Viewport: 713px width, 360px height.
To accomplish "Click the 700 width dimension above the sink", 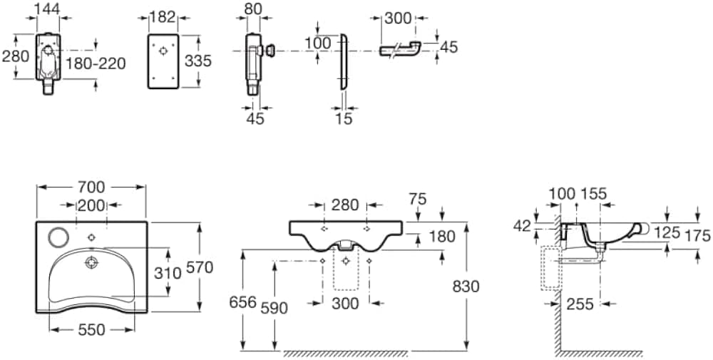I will [x=91, y=187].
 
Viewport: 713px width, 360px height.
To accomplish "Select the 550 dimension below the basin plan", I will [x=92, y=330].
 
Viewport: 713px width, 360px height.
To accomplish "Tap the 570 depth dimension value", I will [x=199, y=267].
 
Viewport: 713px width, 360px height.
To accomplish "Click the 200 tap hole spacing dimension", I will [x=91, y=206].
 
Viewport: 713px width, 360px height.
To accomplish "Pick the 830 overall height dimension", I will [x=465, y=286].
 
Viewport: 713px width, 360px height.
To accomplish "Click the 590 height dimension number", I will [x=275, y=308].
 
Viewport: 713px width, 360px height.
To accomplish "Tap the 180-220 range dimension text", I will [x=96, y=64].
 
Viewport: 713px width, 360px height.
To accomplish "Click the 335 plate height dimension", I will [x=198, y=61].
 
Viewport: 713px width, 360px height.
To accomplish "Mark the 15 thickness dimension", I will [x=344, y=119].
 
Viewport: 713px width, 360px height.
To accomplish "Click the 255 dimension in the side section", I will [x=580, y=304].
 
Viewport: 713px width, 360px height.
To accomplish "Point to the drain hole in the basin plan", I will [x=91, y=262].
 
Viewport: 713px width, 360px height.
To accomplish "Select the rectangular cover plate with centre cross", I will [x=164, y=61].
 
